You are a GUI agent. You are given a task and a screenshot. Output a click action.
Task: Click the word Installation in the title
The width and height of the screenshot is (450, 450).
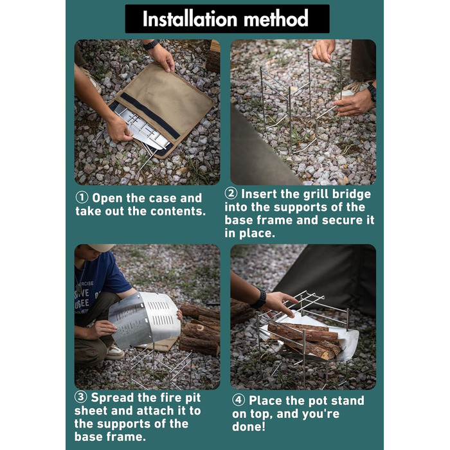pyautogui.click(x=190, y=19)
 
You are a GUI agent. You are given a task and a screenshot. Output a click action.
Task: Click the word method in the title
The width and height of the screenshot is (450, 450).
pyautogui.click(x=276, y=19)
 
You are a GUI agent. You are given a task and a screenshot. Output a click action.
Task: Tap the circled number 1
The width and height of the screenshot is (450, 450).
pyautogui.click(x=82, y=198)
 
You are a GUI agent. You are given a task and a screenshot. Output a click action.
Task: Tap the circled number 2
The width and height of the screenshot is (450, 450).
pyautogui.click(x=231, y=194)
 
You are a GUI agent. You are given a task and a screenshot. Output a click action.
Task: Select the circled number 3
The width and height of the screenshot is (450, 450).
pyautogui.click(x=80, y=397)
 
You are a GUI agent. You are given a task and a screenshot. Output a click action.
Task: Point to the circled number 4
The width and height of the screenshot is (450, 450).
pyautogui.click(x=239, y=400)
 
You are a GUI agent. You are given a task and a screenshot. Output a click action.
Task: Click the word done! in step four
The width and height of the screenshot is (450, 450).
pyautogui.click(x=249, y=427)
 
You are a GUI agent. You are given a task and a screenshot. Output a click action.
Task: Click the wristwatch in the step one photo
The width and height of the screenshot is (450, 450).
pyautogui.click(x=151, y=45)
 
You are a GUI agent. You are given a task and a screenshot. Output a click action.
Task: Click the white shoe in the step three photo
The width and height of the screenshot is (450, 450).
pyautogui.click(x=115, y=352)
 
